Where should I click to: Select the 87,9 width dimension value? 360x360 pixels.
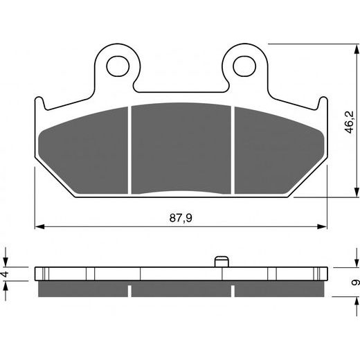pyautogui.click(x=181, y=217)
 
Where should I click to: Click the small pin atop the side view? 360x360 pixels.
pyautogui.click(x=221, y=261)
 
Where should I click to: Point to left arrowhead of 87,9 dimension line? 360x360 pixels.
pyautogui.click(x=39, y=226)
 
